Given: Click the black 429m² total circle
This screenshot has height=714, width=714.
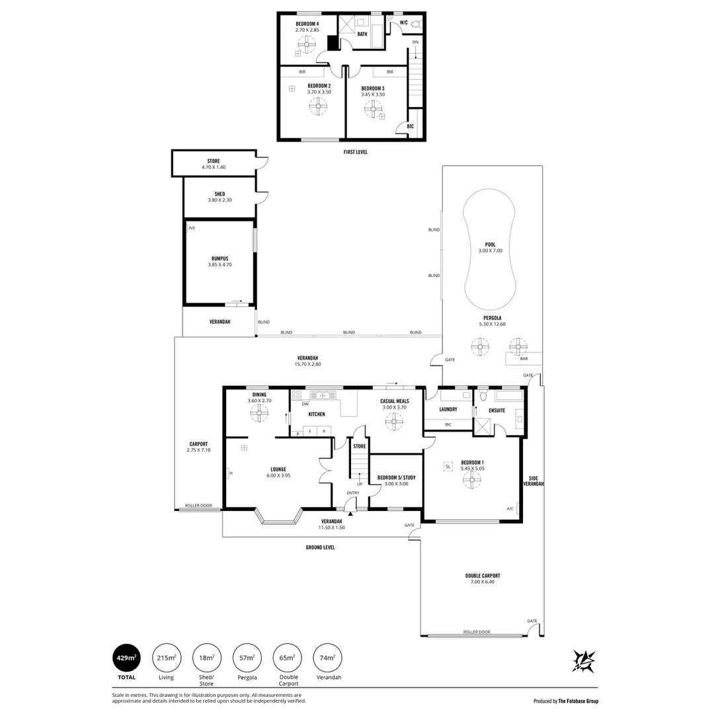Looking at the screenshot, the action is point(126,658).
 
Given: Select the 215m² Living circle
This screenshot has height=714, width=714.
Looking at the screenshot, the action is point(167,658).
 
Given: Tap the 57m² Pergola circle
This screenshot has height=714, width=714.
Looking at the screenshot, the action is point(247,658).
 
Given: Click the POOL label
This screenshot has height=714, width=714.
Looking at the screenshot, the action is point(491,245).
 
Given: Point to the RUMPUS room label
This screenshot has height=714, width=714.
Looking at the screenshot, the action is point(220,258).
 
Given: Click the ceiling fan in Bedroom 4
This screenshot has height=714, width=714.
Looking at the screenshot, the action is point(307,45).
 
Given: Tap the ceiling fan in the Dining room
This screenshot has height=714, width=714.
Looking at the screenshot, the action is point(258,414).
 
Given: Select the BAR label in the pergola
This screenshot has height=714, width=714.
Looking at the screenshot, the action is point(524,359).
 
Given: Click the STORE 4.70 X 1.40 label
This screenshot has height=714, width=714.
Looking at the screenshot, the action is point(214,164).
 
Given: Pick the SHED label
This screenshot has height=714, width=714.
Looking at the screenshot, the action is point(220,194).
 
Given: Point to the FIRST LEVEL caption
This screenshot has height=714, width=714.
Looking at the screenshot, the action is point(355,152).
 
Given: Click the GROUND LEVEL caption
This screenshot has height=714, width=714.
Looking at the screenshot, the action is point(320,547).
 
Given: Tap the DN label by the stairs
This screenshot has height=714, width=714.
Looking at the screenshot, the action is point(415,42).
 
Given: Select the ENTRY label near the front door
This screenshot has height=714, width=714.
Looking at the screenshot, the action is point(353,493).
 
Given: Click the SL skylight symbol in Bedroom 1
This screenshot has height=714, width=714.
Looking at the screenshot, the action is point(448,467).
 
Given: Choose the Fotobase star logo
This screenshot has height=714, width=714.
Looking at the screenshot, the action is point(584,661).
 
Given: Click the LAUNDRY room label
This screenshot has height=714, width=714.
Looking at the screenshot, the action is point(448,409).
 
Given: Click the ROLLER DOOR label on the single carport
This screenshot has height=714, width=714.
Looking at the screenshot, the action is point(198,506).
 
